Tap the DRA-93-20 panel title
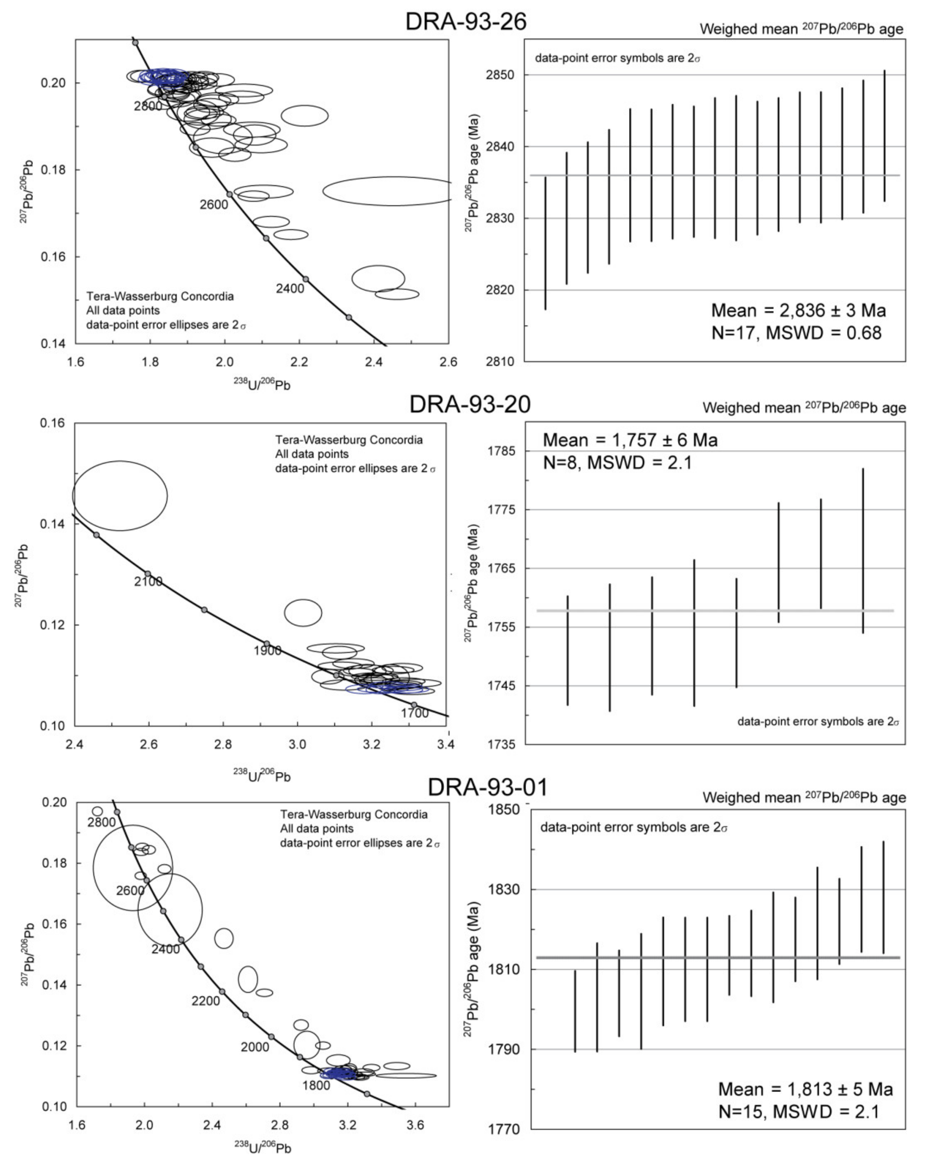[x=469, y=404]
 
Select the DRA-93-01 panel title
[x=487, y=787]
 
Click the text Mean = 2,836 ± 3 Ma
[x=798, y=311]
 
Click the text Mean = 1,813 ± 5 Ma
[x=805, y=1089]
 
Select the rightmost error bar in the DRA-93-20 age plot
[x=863, y=550]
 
